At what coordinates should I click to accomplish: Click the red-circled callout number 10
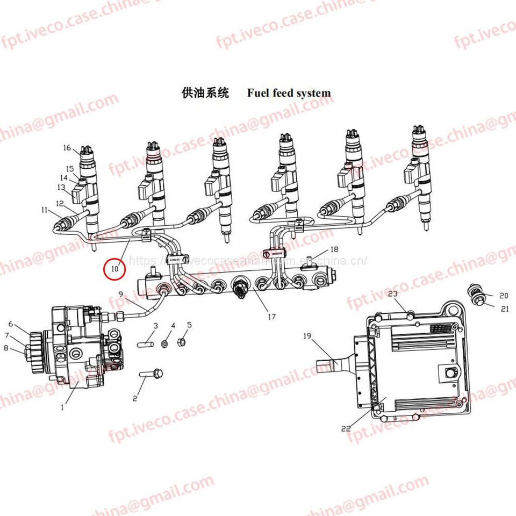point(114,267)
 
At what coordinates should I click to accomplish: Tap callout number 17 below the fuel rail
point(271,317)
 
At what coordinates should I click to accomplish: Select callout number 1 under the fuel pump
point(62,407)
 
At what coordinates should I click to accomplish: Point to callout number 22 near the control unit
point(346,428)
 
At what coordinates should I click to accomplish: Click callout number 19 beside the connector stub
point(307,336)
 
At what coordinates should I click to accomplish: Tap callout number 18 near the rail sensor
point(334,249)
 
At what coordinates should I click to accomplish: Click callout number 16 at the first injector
point(67,148)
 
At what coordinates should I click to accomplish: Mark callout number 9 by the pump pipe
point(121,293)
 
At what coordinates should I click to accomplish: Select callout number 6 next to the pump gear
point(10,324)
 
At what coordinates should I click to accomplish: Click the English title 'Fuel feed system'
point(289,93)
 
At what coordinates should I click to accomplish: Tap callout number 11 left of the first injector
point(44,210)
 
